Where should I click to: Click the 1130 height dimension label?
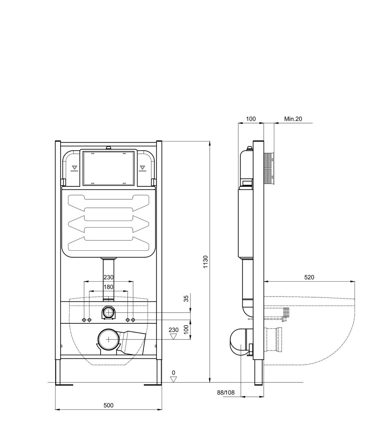click(205, 262)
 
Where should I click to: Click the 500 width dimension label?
click(109, 405)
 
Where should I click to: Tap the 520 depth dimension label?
click(309, 277)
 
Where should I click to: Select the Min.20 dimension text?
click(293, 119)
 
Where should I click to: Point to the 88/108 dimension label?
click(226, 392)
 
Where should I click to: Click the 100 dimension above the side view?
click(251, 119)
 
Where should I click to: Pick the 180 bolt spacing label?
click(109, 287)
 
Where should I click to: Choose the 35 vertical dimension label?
click(186, 298)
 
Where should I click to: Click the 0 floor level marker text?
click(173, 373)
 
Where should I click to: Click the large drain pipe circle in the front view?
click(108, 340)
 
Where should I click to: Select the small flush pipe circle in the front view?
click(108, 313)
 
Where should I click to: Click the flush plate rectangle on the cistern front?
click(108, 168)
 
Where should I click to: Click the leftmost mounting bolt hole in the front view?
click(84, 320)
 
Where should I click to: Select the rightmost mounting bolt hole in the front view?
click(133, 320)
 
